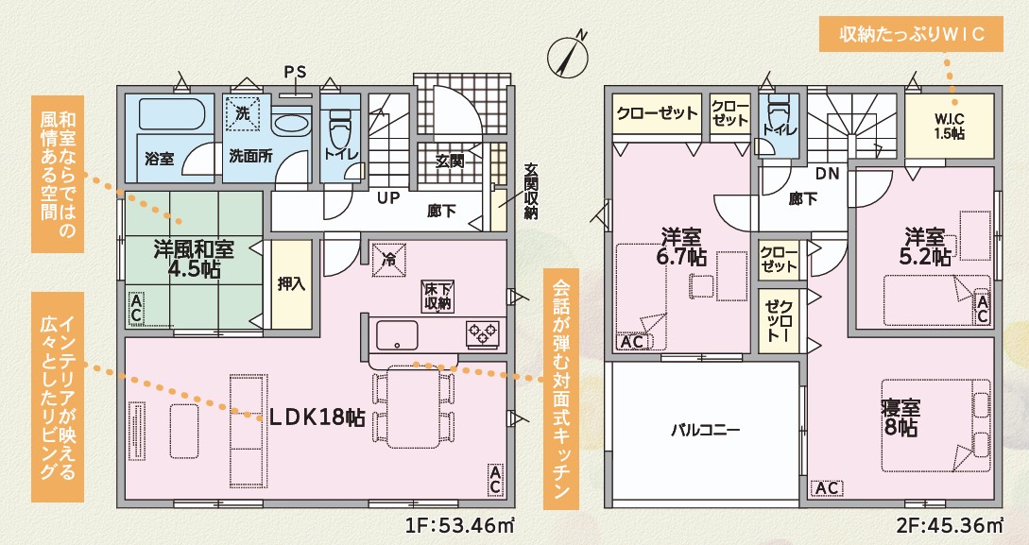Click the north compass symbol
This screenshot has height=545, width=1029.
coord(567,55)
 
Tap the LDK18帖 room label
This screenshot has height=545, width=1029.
coord(317,417)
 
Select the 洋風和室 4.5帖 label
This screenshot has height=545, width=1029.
coord(194,259)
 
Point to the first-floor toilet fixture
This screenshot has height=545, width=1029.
coord(340,128)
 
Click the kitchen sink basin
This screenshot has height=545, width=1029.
coord(397,336)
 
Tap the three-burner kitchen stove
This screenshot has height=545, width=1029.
coord(482,334)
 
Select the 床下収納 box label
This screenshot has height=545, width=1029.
coord(437,297)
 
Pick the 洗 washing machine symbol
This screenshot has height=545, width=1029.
coord(243,113)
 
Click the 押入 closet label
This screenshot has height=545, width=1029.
coord(291,284)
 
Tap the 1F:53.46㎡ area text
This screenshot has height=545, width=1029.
coord(459,525)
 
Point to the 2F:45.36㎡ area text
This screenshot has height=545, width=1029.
coord(949,525)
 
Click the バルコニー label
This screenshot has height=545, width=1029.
coord(706,430)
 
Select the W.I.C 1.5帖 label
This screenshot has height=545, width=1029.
coord(950,127)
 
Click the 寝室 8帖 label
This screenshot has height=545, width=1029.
coord(900,417)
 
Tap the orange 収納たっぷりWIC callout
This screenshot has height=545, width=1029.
coord(912,34)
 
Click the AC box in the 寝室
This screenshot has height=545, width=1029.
coord(827,488)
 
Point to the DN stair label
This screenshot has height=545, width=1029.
coord(828,175)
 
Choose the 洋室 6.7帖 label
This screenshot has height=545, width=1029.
coord(681,247)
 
